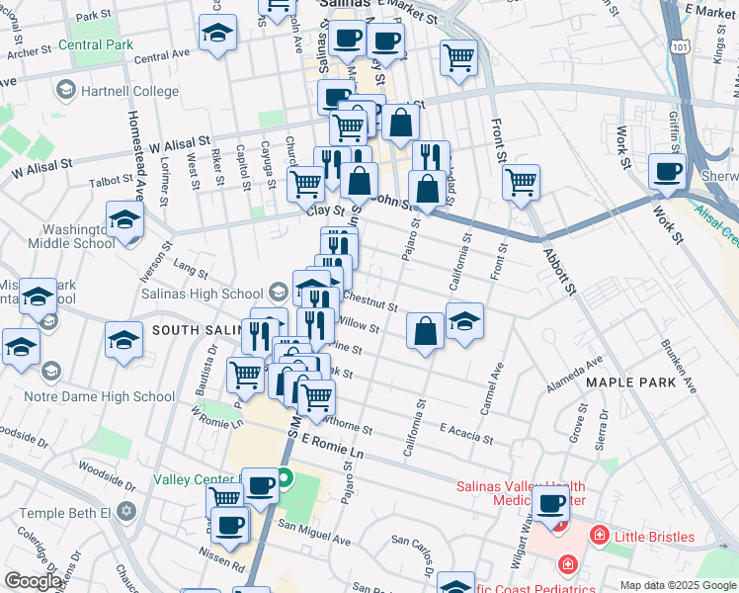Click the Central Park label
[x=95, y=44]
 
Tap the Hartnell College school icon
[x=65, y=91]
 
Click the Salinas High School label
[x=215, y=293]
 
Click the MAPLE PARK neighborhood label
[x=629, y=381]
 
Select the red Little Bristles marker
[x=599, y=537]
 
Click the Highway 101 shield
[x=680, y=46]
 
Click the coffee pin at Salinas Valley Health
[x=552, y=503]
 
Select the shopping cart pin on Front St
[x=520, y=182]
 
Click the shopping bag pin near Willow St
[x=425, y=331]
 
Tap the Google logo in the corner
[x=33, y=581]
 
